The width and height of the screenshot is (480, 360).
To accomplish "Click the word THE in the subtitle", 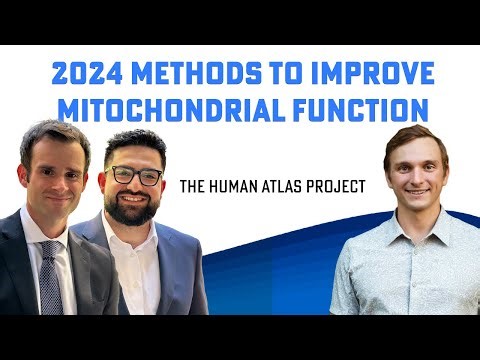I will click(192, 186).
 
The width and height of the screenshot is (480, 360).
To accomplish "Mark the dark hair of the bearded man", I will click(134, 142).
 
